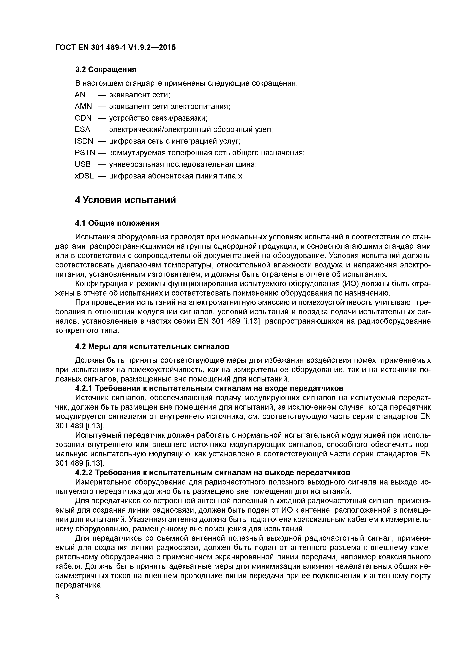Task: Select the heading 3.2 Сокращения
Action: [x=106, y=69]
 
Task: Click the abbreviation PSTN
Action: [x=85, y=153]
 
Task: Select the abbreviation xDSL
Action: [x=84, y=176]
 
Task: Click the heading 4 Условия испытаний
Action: [x=126, y=200]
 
